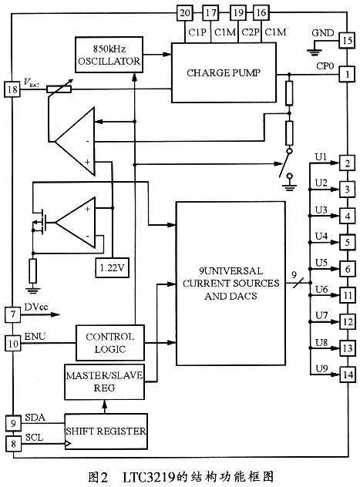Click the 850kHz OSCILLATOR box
click(109, 55)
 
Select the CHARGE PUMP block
click(224, 72)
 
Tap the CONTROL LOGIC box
click(110, 343)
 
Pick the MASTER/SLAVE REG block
click(104, 381)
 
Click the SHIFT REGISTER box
click(106, 431)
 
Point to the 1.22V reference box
click(112, 267)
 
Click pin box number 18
click(12, 89)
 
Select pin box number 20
click(185, 13)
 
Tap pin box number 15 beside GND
click(347, 40)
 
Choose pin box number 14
click(348, 374)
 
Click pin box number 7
click(13, 314)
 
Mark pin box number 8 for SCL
click(13, 444)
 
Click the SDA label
click(35, 418)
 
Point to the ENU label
click(35, 337)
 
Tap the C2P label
click(251, 32)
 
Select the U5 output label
click(321, 263)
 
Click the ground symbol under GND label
click(315, 52)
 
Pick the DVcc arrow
click(40, 314)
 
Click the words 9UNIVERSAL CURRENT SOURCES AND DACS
click(230, 284)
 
